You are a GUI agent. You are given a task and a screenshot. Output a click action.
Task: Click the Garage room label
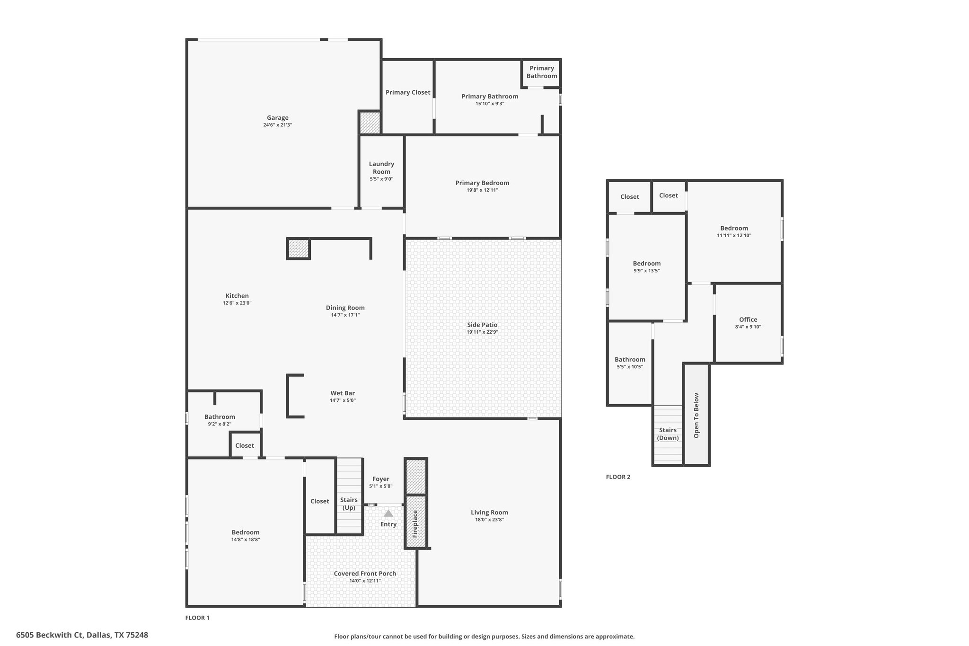[278, 118]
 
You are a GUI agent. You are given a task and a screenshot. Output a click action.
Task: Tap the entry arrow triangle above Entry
[388, 513]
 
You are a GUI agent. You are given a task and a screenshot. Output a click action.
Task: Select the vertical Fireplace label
[415, 524]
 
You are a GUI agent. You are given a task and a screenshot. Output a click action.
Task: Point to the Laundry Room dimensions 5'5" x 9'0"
[381, 179]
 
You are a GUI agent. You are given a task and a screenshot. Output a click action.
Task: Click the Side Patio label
[482, 325]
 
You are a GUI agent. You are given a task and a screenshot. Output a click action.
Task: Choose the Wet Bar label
[343, 393]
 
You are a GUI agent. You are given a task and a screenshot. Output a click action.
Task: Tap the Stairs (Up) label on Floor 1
[349, 504]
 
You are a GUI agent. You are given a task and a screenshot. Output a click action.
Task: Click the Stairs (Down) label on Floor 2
[668, 434]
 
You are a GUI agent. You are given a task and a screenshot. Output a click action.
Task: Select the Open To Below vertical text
[696, 416]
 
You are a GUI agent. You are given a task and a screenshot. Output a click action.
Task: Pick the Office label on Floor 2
[748, 319]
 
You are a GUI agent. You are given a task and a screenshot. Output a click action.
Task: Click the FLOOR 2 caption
[618, 477]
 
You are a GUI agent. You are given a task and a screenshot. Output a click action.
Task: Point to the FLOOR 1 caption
[197, 618]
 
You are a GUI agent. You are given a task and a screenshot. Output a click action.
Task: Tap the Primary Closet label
[408, 92]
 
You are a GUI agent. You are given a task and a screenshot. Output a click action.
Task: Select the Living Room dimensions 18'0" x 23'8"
[490, 520]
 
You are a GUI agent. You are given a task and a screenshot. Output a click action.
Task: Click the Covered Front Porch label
[365, 574]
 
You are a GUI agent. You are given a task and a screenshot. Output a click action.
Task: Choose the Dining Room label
[345, 308]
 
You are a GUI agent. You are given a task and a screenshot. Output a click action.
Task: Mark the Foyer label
[381, 479]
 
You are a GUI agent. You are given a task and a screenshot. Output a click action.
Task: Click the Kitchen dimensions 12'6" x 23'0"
[237, 303]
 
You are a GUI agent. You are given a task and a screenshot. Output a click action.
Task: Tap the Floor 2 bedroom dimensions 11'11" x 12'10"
[734, 236]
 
